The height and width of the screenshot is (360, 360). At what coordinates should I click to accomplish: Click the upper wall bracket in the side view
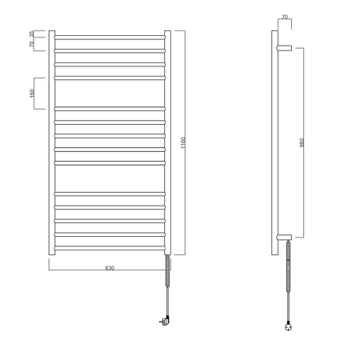point(285,48)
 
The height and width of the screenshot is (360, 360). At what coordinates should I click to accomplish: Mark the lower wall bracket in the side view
point(285,236)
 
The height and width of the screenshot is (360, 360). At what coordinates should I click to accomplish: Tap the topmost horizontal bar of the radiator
point(110,37)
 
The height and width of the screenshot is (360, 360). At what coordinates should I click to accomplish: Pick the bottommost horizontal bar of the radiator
point(110,245)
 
